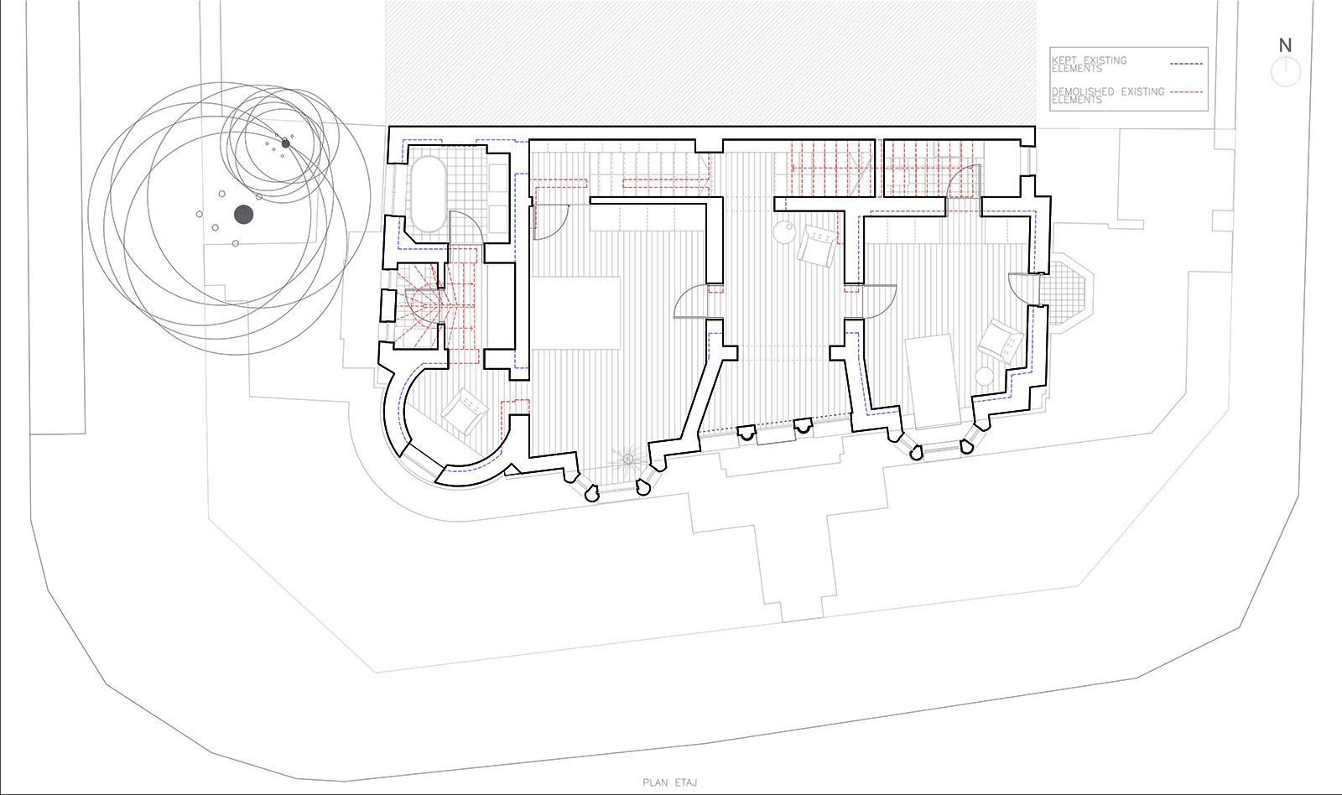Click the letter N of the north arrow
pos(1285,45)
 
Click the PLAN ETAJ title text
pos(670,782)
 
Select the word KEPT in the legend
pos(1064,60)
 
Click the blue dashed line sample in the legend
pos(1186,64)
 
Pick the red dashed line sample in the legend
pos(1186,92)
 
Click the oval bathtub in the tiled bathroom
pos(429,194)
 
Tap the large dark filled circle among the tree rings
pos(243,215)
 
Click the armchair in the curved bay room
pos(465,410)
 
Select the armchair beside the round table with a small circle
pos(817,246)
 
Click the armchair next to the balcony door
pos(1001,340)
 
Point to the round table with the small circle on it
pos(784,231)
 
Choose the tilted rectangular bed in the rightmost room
pos(934,382)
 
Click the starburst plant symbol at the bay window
pos(628,460)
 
